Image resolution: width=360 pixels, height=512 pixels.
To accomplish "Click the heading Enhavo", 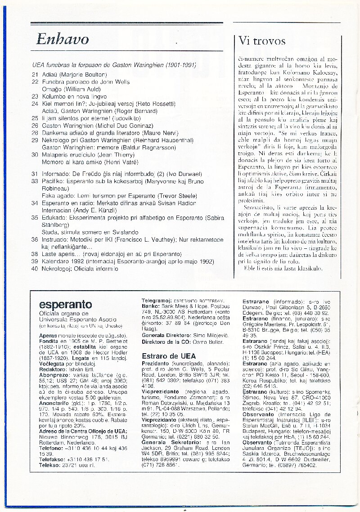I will (63, 40).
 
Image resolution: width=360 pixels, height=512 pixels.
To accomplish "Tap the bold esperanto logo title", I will (65, 305).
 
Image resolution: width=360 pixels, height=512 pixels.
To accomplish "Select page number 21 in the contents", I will (36, 74).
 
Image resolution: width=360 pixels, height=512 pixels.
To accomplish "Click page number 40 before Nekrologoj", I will (36, 269).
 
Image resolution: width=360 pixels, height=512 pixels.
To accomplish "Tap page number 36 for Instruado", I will (36, 240).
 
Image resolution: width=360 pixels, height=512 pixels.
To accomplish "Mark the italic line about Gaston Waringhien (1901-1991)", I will (114, 65).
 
